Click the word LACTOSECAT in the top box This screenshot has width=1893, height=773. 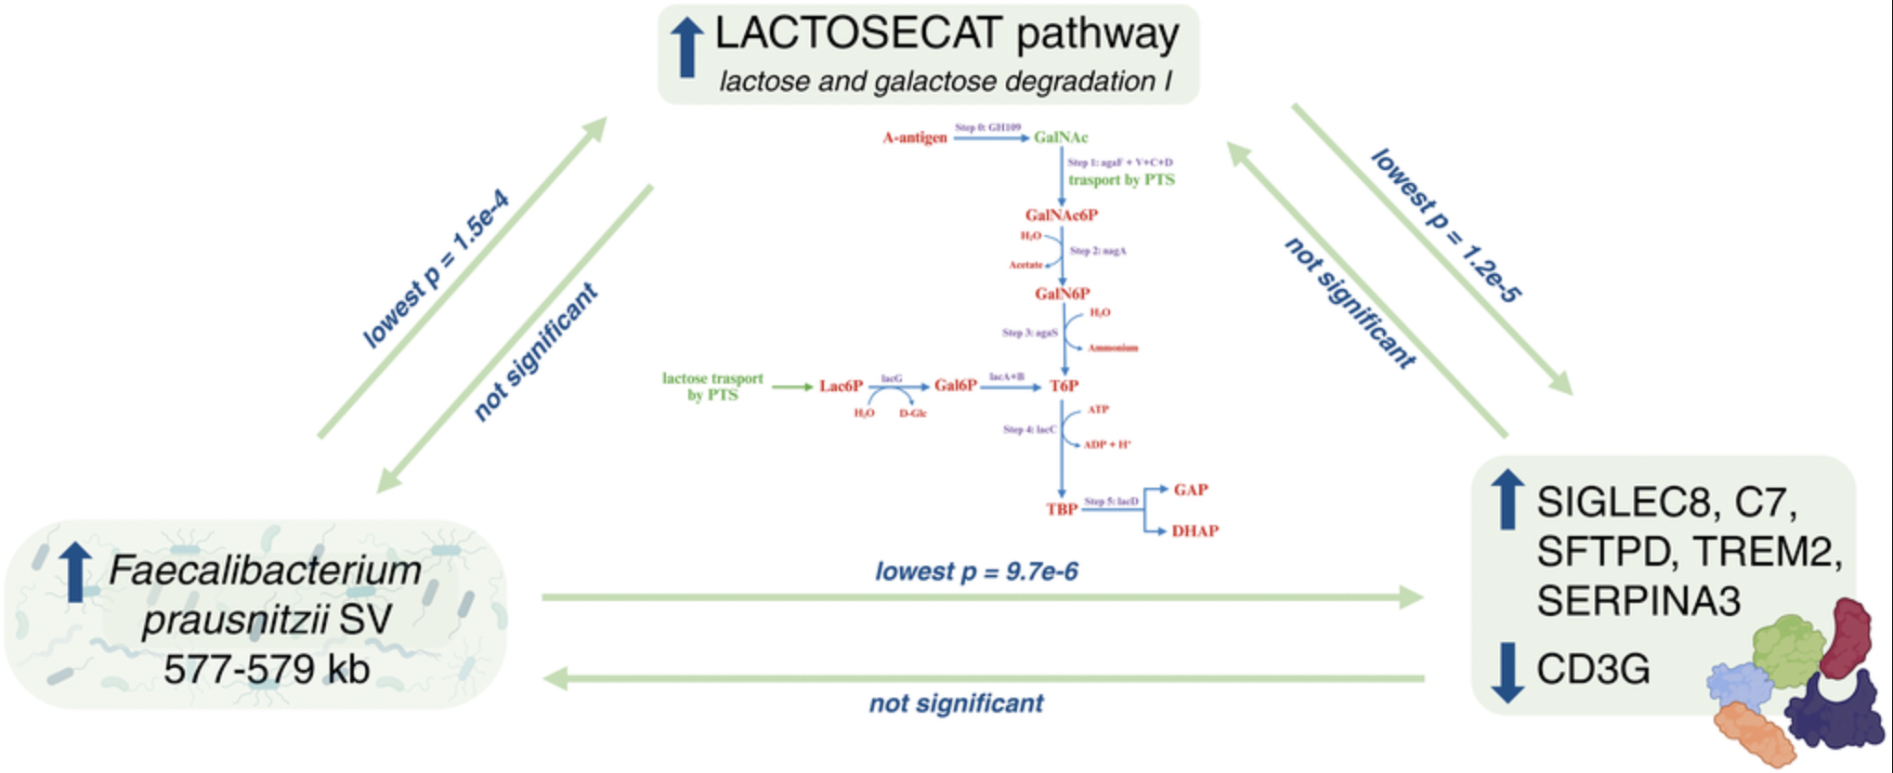coord(857,35)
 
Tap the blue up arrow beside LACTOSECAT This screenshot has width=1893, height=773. coord(686,48)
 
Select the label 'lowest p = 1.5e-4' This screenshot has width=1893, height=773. coord(435,269)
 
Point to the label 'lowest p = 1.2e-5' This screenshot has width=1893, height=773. coord(1445,226)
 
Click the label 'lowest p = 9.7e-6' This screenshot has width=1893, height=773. coord(976,570)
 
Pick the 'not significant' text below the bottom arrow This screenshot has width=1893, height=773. coord(956,703)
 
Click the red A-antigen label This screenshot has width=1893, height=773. coord(915,138)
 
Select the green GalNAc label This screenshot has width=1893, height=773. coord(1061,138)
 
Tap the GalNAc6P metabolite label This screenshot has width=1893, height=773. coord(1062,216)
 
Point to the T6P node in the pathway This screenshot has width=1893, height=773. coord(1064,386)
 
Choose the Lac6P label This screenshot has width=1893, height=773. coord(841,386)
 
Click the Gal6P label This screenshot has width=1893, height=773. coord(956,386)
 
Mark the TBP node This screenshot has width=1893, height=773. coord(1062,509)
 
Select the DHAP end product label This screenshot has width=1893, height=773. coord(1195,531)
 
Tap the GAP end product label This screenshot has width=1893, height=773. coord(1191,490)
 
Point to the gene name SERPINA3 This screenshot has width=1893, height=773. coord(1638,601)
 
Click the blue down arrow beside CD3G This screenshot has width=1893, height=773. coord(1507,673)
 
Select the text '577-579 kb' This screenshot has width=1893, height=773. coord(267,669)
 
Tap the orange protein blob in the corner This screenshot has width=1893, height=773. coord(1753,734)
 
